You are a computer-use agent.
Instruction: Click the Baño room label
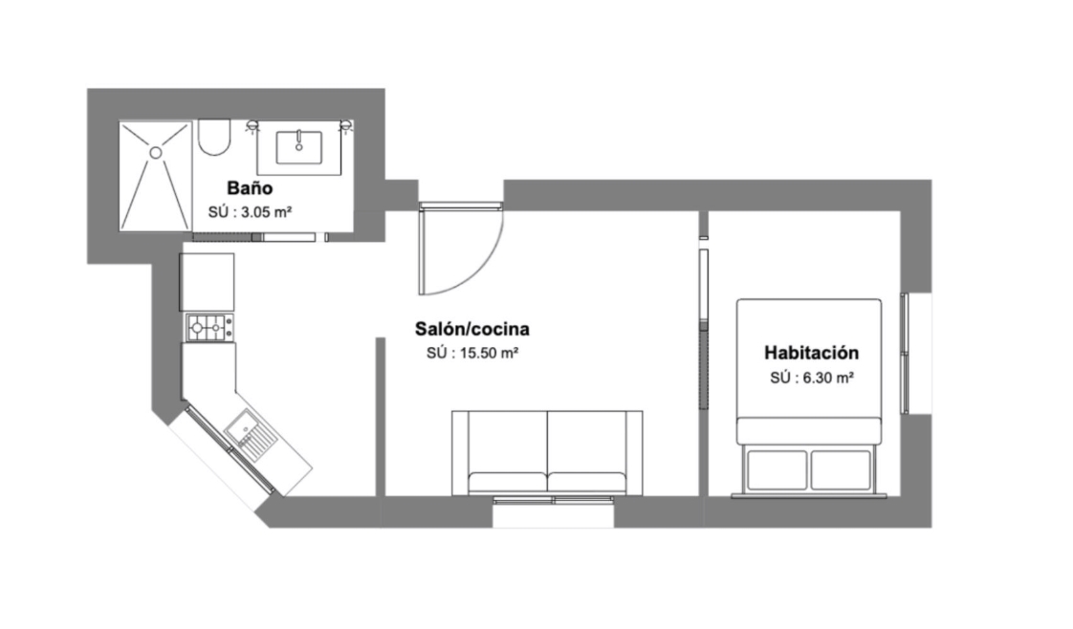pos(250,188)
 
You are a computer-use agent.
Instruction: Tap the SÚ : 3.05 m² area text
pos(251,212)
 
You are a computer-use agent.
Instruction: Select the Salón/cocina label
pos(472,329)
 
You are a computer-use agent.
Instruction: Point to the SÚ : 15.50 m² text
pos(472,354)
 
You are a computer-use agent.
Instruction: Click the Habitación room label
pos(812,353)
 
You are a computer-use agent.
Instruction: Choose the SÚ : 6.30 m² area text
pos(812,378)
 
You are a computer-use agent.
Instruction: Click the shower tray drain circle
pos(156,152)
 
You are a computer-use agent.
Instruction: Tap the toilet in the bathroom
pos(214,138)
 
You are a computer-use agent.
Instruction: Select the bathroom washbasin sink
pos(299,147)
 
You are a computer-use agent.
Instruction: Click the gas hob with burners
pos(209,328)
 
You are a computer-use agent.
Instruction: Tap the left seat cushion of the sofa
pos(508,482)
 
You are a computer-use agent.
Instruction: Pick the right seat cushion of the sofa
pos(587,482)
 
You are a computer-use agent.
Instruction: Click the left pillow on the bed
pos(777,469)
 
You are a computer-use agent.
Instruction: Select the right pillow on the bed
pos(841,469)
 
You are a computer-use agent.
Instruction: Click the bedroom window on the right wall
pos(905,354)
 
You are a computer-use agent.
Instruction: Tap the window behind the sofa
pos(553,501)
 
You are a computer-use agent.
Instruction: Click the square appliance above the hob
pos(207,282)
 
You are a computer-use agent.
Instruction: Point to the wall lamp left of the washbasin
pos(252,126)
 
